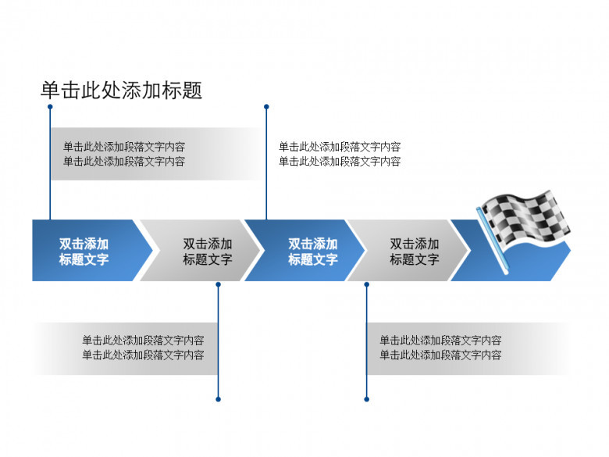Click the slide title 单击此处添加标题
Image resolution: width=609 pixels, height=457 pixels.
click(x=121, y=91)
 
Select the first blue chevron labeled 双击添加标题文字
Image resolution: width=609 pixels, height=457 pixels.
click(x=84, y=251)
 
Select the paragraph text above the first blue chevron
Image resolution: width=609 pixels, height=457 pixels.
click(x=124, y=154)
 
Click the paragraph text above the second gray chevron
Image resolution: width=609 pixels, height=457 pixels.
click(x=340, y=154)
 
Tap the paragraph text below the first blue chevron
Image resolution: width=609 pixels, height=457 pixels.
click(x=143, y=348)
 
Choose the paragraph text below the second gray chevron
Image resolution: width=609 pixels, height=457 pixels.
click(x=440, y=348)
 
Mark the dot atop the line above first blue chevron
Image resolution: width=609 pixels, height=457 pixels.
click(x=50, y=106)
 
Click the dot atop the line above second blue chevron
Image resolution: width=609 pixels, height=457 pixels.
click(x=266, y=106)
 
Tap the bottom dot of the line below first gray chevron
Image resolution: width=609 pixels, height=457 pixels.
click(x=218, y=399)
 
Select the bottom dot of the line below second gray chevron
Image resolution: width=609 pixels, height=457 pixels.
click(x=366, y=399)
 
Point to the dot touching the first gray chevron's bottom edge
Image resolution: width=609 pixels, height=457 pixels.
click(x=218, y=284)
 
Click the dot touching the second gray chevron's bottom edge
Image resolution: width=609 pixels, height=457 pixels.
click(x=366, y=284)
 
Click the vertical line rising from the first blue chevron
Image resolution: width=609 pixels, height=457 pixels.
click(x=50, y=164)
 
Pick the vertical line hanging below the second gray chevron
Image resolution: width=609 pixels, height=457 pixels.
click(x=366, y=344)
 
